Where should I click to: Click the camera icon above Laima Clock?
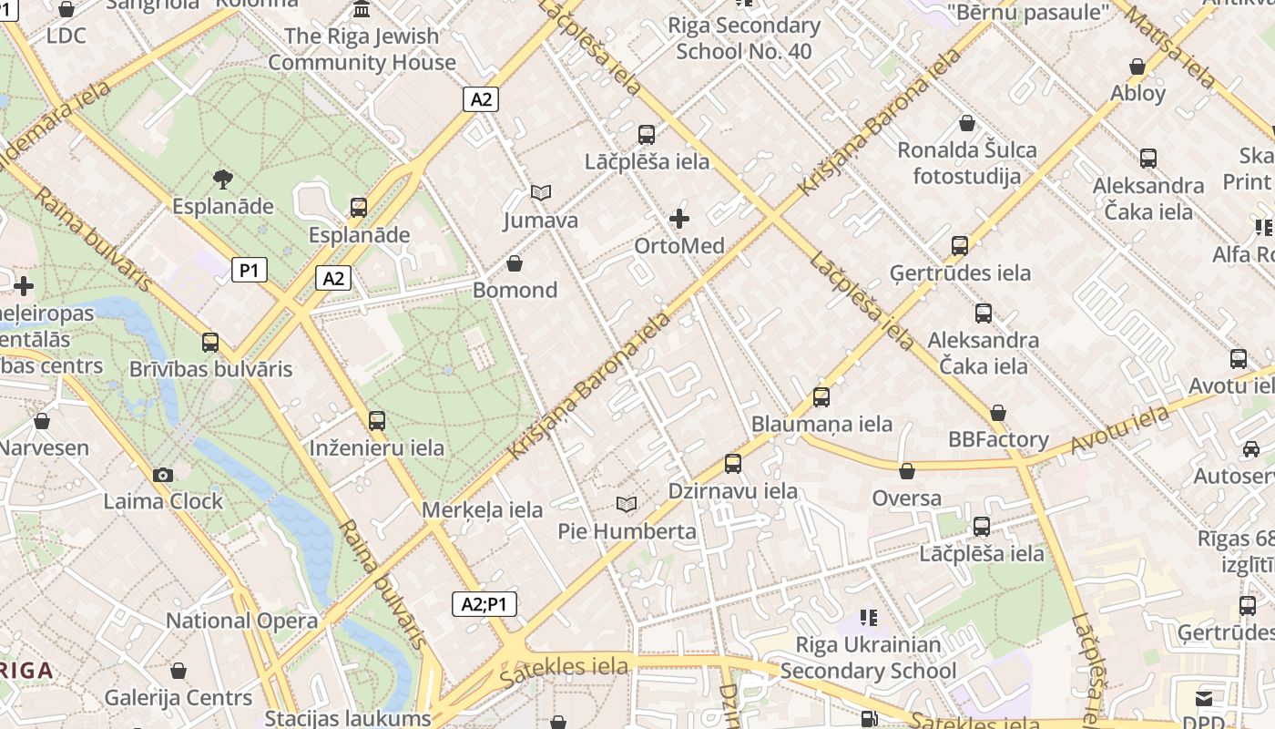point(163,475)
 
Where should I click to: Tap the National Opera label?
point(241,621)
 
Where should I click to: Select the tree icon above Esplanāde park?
point(222,179)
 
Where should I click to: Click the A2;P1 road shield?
point(484,603)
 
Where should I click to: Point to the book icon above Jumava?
point(541,193)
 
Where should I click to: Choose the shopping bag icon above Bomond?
point(515,263)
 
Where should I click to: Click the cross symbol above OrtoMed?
point(679,219)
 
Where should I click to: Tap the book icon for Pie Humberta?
point(627,504)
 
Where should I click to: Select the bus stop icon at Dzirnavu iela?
point(733,464)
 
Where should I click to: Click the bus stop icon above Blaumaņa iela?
point(821,396)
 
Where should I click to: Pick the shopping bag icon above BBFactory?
point(998,413)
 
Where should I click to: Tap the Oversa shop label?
point(906,498)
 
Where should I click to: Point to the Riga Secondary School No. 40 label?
point(744,38)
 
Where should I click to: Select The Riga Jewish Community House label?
point(362,49)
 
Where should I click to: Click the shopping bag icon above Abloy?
point(1137,67)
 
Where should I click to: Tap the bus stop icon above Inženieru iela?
point(377,421)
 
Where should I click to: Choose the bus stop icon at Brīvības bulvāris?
point(210,343)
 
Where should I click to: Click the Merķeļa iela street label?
point(482,510)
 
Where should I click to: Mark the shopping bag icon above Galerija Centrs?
point(178,671)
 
